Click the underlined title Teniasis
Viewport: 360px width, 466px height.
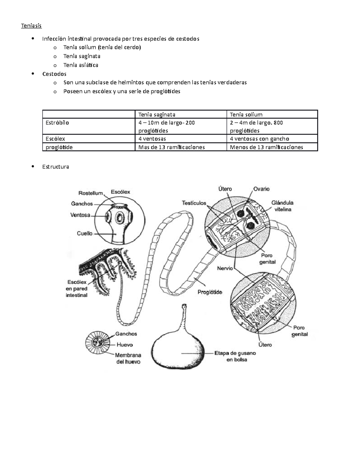click(x=31, y=26)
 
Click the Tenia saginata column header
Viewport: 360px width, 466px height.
click(x=157, y=114)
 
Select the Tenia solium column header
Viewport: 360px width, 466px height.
click(x=246, y=114)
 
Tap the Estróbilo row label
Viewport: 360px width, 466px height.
click(x=57, y=123)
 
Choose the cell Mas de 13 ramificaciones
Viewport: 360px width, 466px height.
click(x=171, y=147)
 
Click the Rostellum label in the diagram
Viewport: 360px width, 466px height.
click(x=91, y=193)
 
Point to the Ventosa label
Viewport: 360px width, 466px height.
click(x=80, y=215)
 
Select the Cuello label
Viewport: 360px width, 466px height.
click(x=85, y=233)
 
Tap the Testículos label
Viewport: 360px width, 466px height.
click(x=194, y=203)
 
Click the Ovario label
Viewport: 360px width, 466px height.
click(x=261, y=189)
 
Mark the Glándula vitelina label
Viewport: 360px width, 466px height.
click(x=282, y=206)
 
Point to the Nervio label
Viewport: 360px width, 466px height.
click(x=225, y=268)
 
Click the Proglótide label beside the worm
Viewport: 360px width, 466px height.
click(x=210, y=292)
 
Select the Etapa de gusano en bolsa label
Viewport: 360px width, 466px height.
click(x=235, y=356)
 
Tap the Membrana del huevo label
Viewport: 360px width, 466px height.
click(x=128, y=358)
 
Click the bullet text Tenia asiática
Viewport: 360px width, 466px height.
click(x=81, y=65)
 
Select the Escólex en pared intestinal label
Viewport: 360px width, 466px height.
click(x=76, y=289)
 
